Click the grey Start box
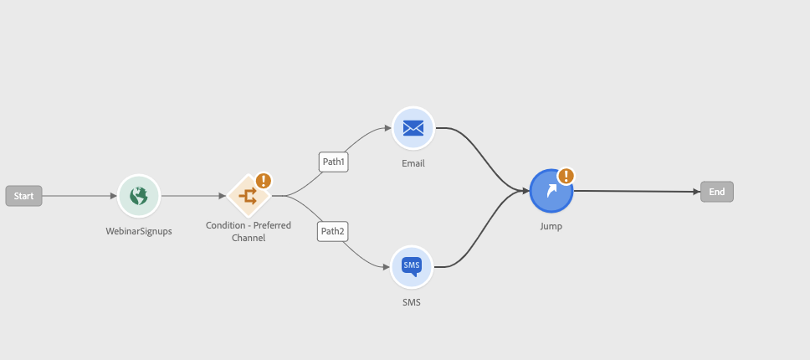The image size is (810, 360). coord(23,196)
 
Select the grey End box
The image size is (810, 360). coord(716,192)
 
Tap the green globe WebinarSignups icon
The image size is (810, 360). coord(139,196)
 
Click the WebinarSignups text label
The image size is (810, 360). coord(139,231)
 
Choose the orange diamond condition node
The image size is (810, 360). coord(249,196)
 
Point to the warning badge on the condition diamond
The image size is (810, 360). coord(264,181)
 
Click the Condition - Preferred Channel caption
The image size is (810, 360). coord(249,231)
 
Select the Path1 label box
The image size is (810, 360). coord(333,162)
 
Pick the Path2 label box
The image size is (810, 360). coord(333,231)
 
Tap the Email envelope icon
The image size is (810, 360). coord(413,127)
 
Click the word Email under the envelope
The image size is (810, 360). coord(413,163)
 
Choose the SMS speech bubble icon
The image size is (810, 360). coord(412,266)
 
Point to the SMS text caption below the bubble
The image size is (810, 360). coord(412,302)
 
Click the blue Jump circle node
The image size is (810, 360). coord(551,191)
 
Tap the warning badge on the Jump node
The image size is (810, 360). coord(566,176)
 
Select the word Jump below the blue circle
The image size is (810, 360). coord(551,226)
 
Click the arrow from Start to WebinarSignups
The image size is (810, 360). coord(79,196)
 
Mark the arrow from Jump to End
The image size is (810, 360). coord(637,191)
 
